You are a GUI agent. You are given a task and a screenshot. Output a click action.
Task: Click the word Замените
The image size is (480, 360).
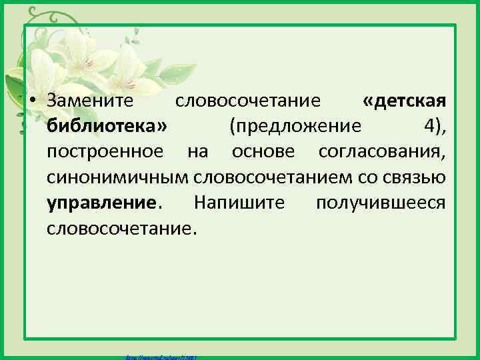[90, 101]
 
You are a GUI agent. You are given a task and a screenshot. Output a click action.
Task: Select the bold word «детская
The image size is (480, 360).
[404, 101]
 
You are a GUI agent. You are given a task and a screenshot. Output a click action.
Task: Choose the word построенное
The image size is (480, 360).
[105, 151]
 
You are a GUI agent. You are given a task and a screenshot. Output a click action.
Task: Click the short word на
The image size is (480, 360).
[197, 151]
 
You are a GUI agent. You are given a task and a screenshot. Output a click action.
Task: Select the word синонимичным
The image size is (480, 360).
[117, 177]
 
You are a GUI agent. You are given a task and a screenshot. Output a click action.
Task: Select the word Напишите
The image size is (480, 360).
[238, 202]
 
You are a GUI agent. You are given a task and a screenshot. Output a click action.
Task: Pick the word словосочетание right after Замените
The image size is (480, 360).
[248, 101]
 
